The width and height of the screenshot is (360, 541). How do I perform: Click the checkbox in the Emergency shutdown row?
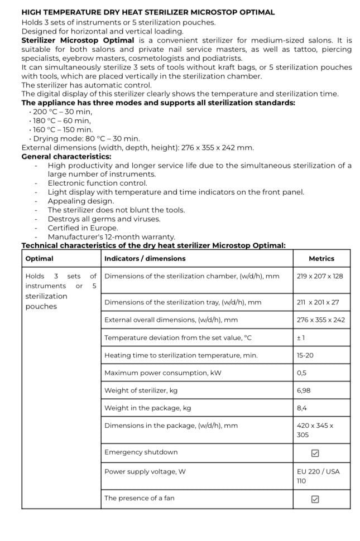[315, 453]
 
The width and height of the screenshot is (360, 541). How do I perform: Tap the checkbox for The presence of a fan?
[315, 499]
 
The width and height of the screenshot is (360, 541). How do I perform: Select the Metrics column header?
[321, 259]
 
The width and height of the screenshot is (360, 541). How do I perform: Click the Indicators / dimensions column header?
[145, 259]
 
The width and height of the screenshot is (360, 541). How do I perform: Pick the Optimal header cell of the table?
[39, 259]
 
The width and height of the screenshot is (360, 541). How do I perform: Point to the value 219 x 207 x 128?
[320, 276]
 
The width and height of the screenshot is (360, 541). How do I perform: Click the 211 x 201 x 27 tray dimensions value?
[319, 302]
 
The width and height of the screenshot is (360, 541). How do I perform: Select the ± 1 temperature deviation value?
[301, 338]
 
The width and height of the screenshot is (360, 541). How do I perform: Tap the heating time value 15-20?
[305, 355]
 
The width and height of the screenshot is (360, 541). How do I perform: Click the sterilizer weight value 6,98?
[304, 391]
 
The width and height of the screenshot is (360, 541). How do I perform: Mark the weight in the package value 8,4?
[302, 408]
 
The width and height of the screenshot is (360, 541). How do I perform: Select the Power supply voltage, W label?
[145, 471]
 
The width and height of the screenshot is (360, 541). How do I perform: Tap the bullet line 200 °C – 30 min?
[61, 112]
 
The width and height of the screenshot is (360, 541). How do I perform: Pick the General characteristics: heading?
[66, 157]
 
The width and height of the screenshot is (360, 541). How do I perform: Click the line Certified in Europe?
[83, 228]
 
